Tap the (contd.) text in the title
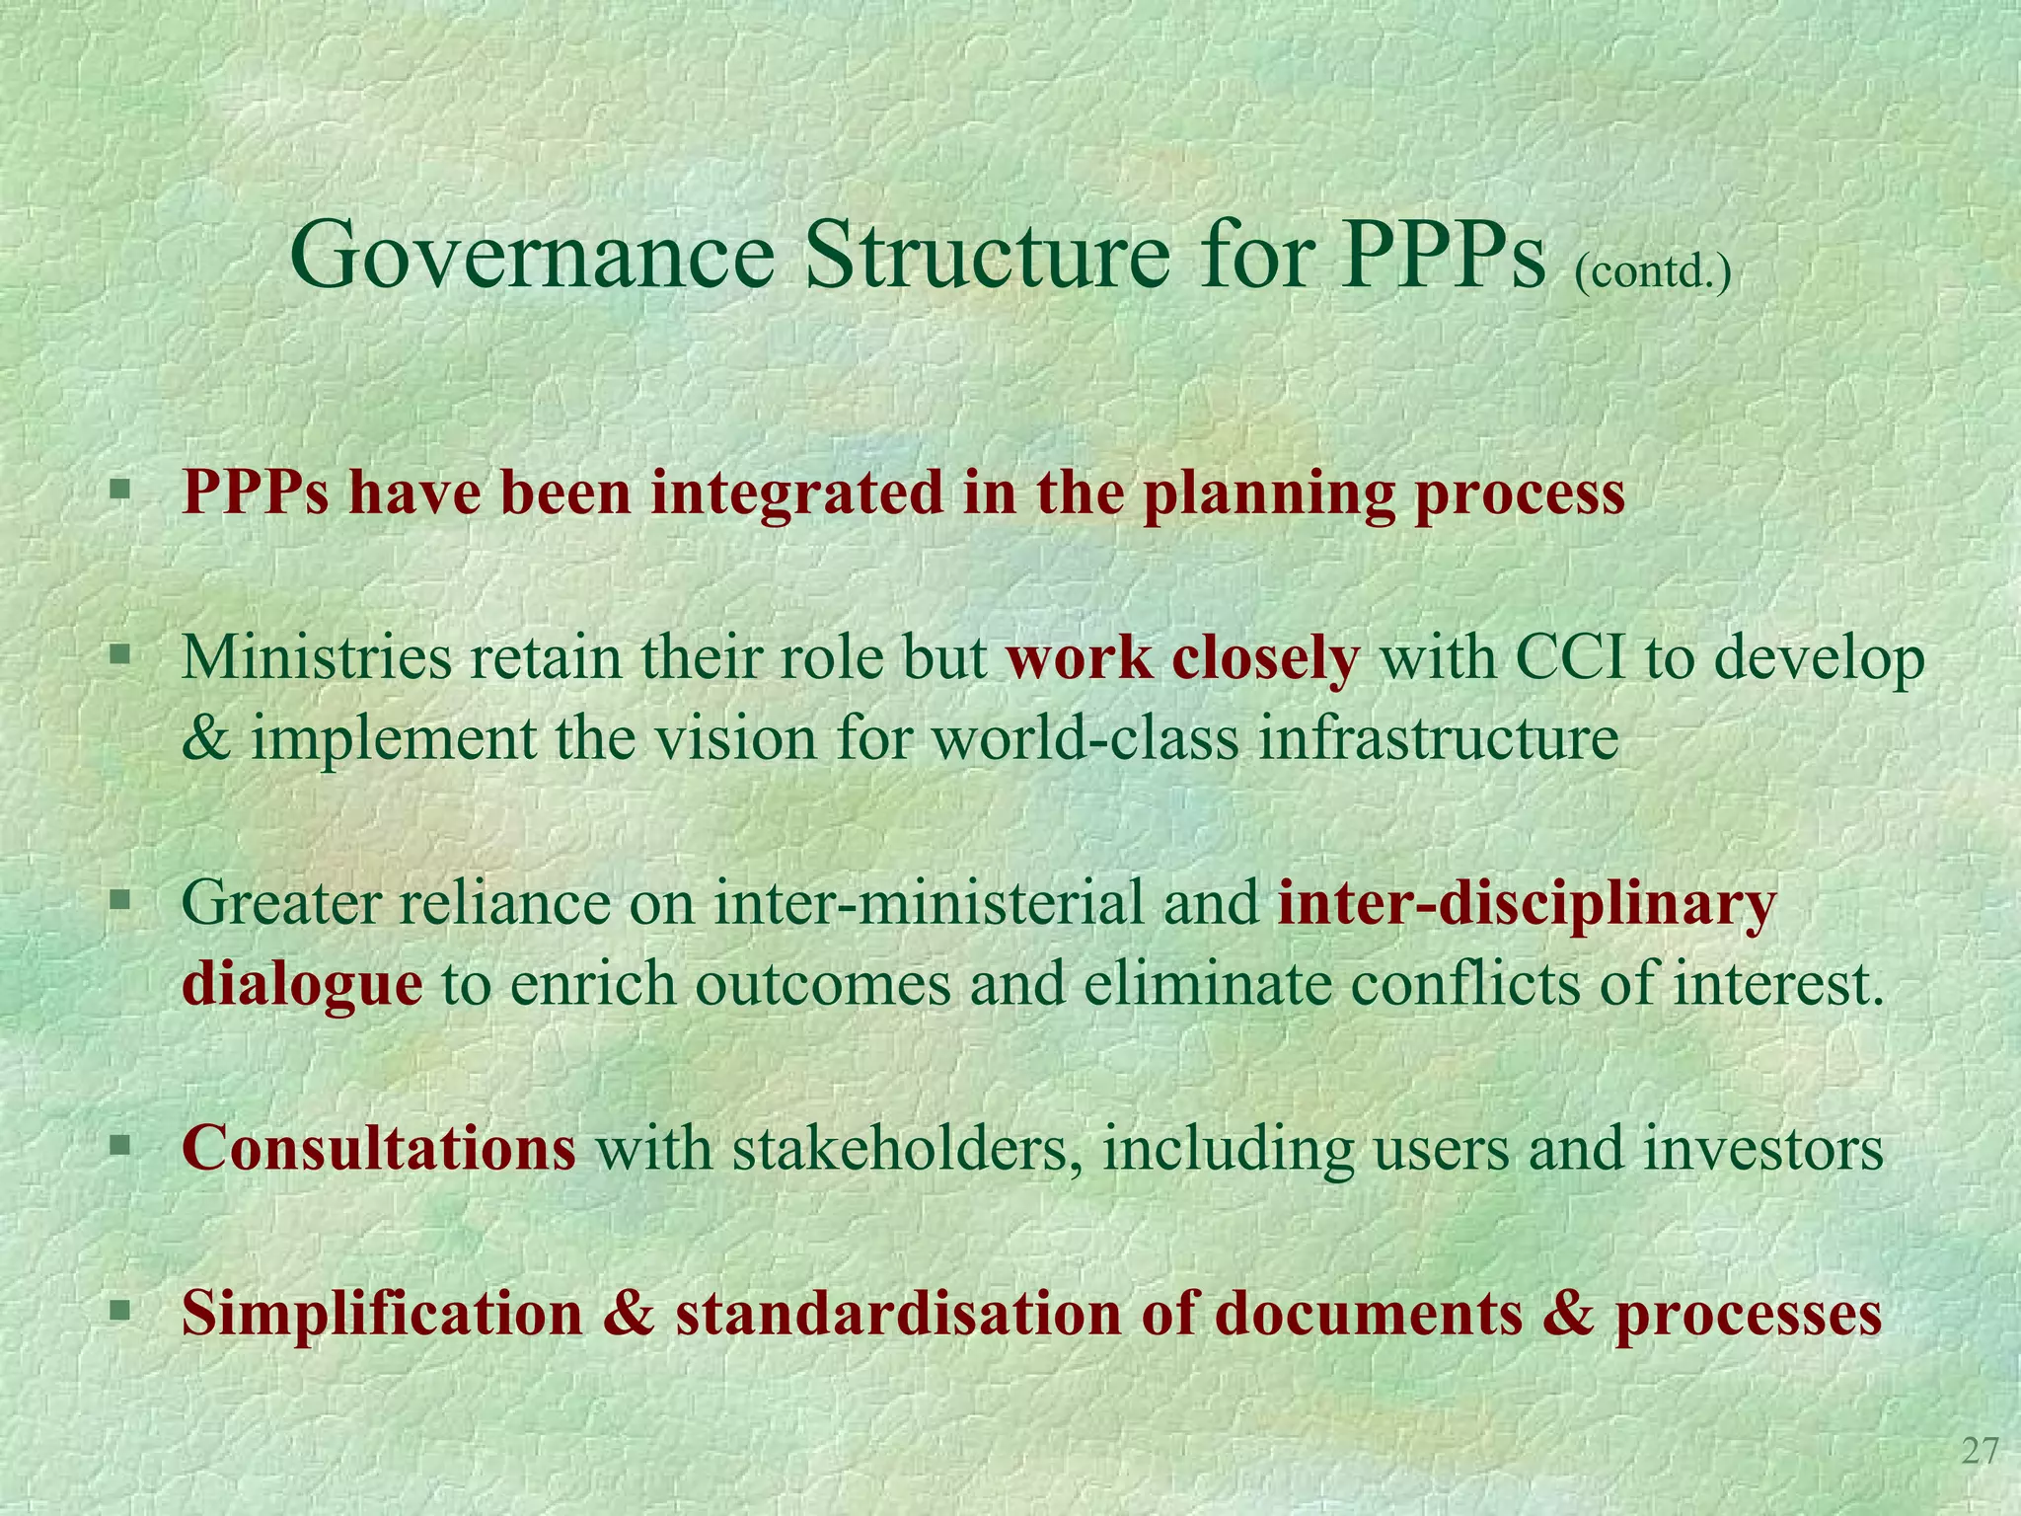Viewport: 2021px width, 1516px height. point(1653,271)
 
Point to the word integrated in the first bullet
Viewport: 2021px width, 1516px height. point(795,493)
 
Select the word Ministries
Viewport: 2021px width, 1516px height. point(315,657)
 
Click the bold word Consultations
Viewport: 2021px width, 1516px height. point(379,1149)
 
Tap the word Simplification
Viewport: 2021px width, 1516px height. point(383,1315)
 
